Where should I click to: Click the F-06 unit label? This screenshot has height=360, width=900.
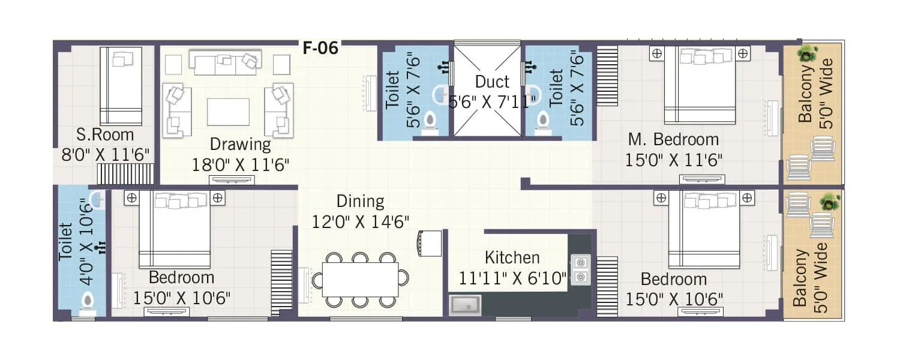320,49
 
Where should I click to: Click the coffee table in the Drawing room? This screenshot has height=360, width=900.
228,112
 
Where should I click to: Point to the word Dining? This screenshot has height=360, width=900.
360,201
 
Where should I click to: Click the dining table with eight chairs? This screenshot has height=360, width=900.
360,280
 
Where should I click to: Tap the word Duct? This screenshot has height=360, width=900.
492,82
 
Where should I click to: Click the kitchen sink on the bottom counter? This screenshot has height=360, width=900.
465,305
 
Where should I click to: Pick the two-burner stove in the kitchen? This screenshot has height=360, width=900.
580,269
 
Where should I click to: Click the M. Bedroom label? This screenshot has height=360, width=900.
673,140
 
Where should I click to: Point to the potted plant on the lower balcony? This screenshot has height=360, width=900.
830,202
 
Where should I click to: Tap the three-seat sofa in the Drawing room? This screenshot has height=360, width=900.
225,62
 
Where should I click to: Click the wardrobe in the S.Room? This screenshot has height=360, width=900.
125,174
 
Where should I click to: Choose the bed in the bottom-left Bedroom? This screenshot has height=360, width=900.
175,229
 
